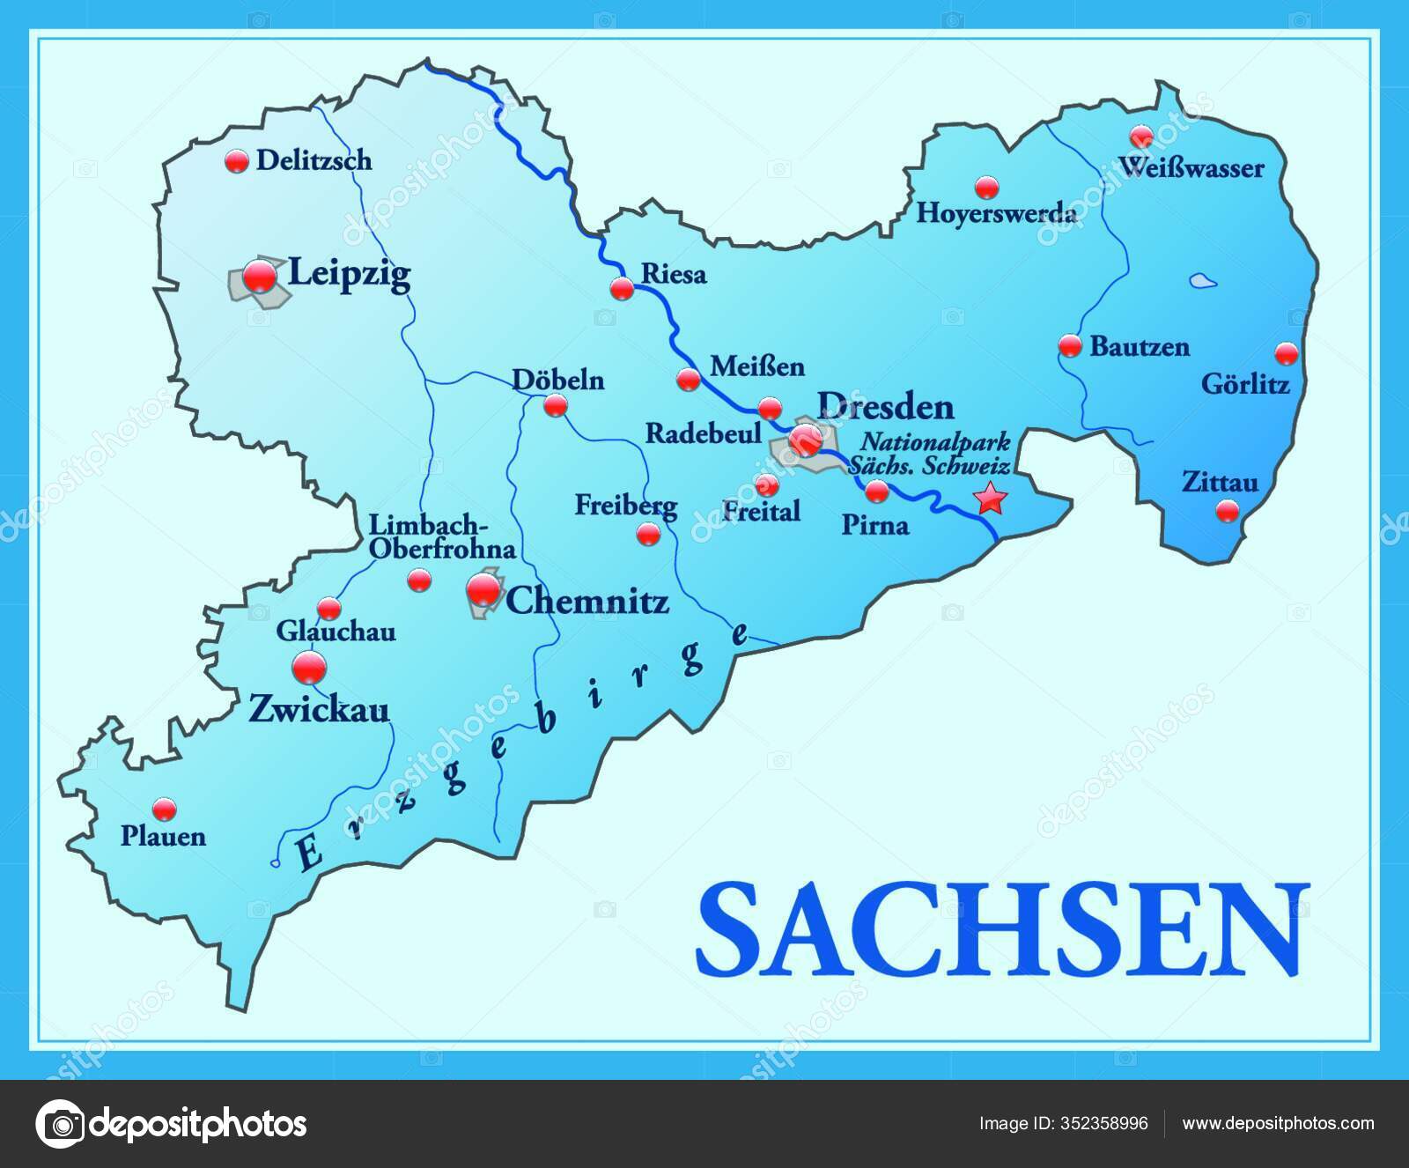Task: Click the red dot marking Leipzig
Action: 260,277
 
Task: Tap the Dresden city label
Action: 885,407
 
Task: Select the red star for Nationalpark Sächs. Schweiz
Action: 991,499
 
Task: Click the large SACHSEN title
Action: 1002,931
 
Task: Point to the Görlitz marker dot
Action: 1287,354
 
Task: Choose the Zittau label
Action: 1220,483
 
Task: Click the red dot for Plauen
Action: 164,808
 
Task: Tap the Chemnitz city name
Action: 587,602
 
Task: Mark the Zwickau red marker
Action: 309,668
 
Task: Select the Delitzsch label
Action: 314,160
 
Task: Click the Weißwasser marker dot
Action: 1141,136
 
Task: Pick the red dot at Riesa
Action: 622,288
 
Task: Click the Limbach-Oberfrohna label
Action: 441,536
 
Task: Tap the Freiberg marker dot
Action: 648,533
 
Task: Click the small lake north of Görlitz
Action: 1200,282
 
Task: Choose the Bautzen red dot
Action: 1070,345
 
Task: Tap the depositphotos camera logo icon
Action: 63,1124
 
